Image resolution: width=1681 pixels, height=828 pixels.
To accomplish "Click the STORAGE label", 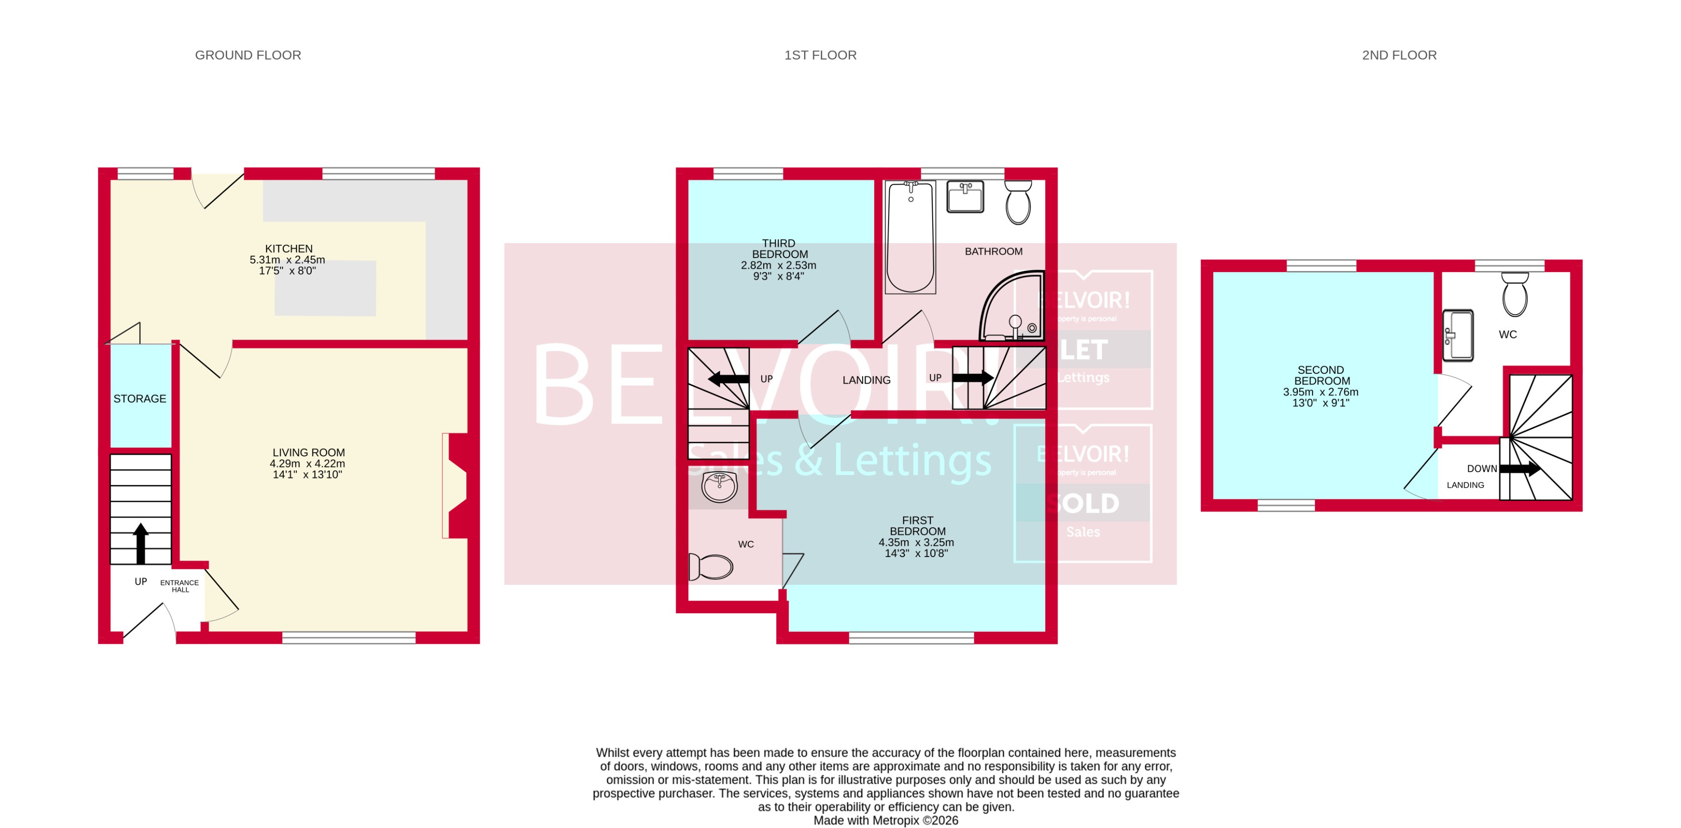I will pos(140,399).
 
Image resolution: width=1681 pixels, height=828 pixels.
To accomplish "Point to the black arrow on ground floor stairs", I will pos(141,543).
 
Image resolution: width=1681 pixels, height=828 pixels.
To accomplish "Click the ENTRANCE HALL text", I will pos(180,586).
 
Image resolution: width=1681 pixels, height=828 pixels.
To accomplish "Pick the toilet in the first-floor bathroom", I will pos(1018,202).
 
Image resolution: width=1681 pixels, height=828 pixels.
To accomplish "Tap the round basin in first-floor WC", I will pos(719,486).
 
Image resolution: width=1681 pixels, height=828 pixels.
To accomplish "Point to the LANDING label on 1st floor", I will pos(866,380).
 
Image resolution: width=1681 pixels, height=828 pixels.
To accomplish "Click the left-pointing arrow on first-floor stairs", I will pos(728,379).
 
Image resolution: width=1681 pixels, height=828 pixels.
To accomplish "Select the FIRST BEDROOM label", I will pos(917,526).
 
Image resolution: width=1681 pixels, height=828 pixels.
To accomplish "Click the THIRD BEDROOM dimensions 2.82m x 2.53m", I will pos(778,265).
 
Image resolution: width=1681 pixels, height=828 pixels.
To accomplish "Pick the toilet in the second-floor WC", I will pos(1515,295).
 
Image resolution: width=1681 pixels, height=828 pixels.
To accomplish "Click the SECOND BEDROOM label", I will pos(1321,375).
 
